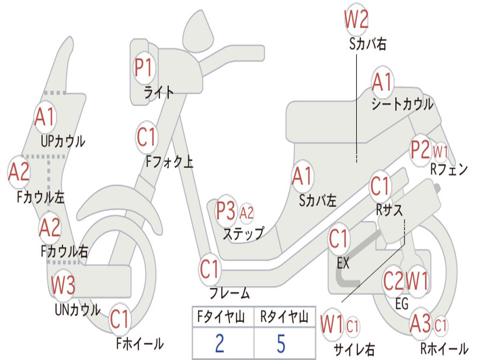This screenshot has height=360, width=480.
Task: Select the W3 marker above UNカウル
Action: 63,285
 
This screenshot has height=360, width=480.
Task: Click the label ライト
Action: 159,92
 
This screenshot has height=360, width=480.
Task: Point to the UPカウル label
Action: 63,140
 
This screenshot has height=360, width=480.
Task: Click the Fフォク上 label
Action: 169,162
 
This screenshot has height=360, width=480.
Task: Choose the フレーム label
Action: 230,294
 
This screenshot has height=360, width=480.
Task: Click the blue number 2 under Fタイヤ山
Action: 219,344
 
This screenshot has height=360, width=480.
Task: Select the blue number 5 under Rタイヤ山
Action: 281,344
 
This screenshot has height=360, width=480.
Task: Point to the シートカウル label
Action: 402,105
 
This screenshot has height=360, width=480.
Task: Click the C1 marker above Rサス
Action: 380,187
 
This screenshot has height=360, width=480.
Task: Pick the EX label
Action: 343,263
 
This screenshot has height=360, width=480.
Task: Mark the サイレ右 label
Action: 354,349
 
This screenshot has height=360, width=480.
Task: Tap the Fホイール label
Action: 140,344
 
